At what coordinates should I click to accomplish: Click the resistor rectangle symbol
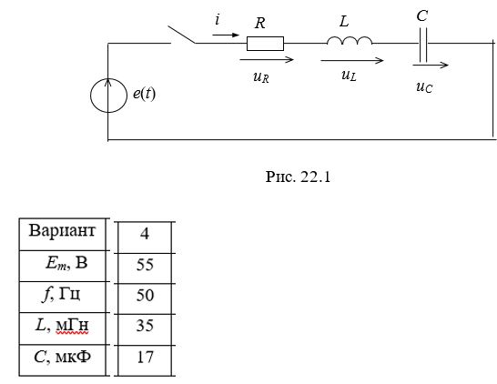point(265,44)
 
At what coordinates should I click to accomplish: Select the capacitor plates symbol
point(423,45)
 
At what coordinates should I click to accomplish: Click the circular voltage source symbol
point(108,96)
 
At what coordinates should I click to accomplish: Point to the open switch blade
point(182,35)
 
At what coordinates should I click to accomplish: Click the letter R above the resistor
point(260,23)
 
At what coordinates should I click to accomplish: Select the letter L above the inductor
point(344,22)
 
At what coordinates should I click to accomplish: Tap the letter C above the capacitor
point(422,15)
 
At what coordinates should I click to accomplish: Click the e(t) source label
point(144,94)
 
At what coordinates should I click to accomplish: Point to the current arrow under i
point(226,35)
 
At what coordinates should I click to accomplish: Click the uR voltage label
point(261,77)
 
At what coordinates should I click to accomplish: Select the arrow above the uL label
point(352,60)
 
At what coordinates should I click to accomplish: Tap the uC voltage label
point(424,86)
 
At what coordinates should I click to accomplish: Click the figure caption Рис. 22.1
point(298,177)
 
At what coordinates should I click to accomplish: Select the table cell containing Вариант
point(63,234)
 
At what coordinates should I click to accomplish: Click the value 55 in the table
point(145,265)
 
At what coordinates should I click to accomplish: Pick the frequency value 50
point(145,296)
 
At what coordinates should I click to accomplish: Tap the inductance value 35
point(145,326)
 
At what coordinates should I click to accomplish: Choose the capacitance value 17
point(145,357)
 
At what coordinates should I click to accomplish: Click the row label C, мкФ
point(62,357)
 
